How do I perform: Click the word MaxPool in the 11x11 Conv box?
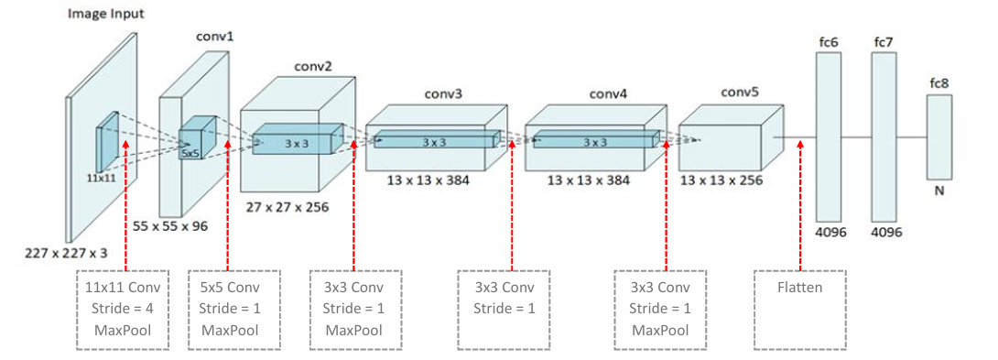[x=123, y=331]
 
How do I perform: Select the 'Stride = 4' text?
[x=123, y=309]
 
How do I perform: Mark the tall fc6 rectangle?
[x=828, y=136]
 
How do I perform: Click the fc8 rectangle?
[x=938, y=137]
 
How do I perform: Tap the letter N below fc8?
[x=938, y=194]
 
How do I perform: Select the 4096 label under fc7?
[x=884, y=233]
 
